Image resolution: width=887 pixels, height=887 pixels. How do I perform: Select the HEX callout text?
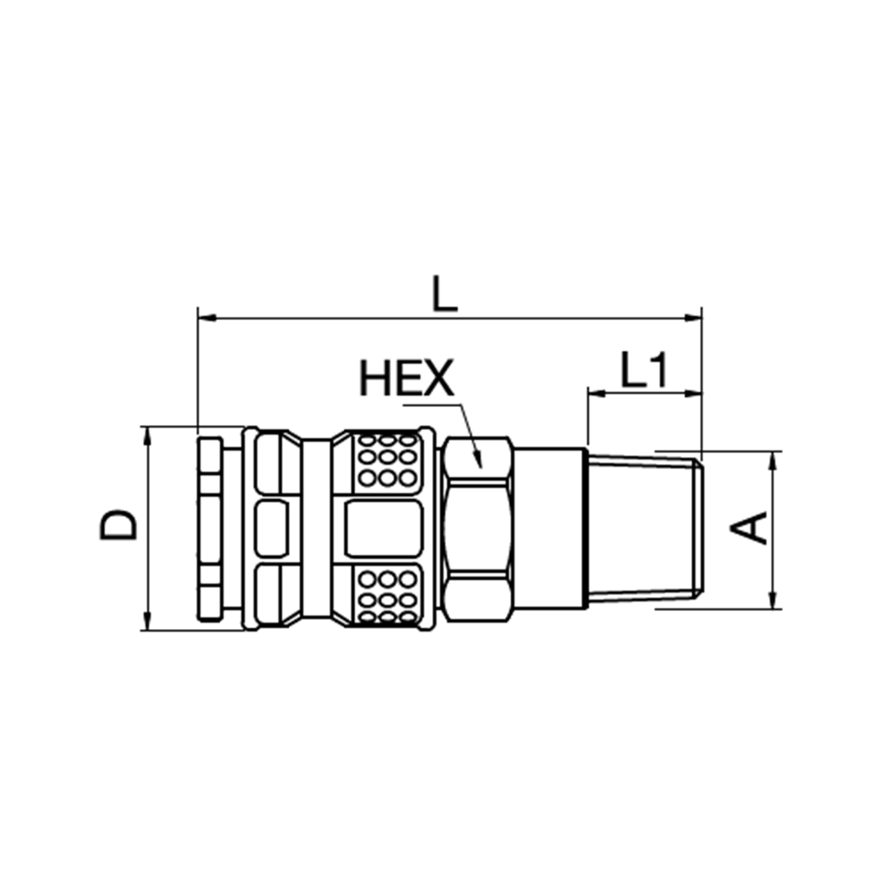tap(406, 380)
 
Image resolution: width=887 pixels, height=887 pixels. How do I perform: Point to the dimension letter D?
tap(119, 525)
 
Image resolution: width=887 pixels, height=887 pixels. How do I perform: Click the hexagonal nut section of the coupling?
tap(479, 530)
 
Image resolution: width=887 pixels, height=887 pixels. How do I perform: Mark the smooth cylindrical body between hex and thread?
tap(550, 530)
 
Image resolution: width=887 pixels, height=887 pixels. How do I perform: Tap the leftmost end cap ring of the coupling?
tap(209, 530)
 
